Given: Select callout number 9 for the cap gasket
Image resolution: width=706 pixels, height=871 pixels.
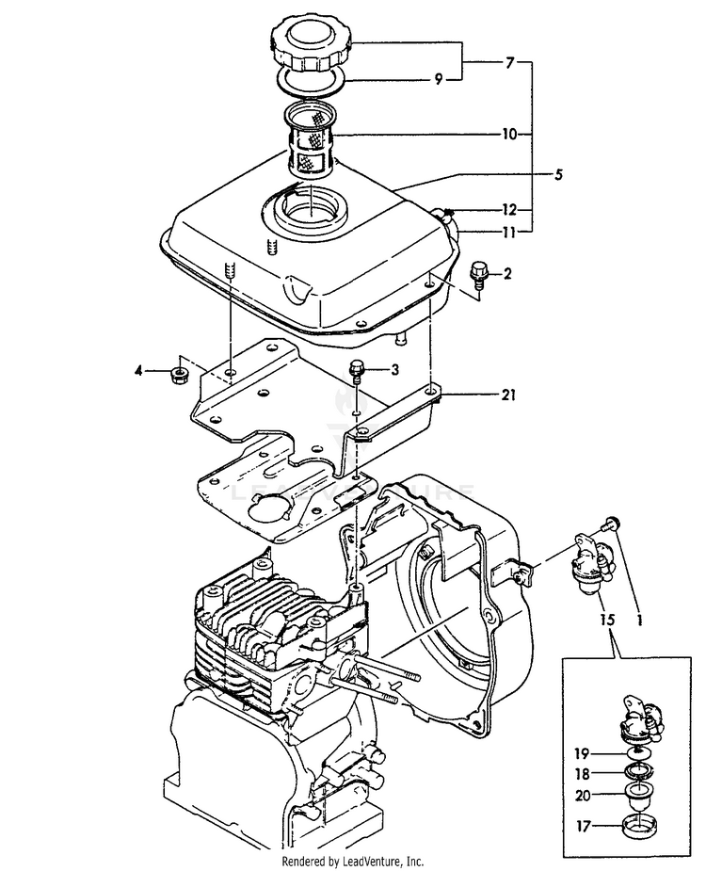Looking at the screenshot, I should click(x=438, y=80).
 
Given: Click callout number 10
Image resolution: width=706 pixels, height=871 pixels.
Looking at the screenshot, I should click(x=509, y=135).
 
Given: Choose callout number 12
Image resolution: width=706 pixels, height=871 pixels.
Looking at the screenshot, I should click(x=509, y=209).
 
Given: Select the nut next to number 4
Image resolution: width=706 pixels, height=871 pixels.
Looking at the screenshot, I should click(x=178, y=375).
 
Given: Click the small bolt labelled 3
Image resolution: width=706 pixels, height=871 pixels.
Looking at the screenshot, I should click(x=357, y=369).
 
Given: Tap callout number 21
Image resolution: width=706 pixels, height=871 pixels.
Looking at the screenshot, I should click(x=508, y=396).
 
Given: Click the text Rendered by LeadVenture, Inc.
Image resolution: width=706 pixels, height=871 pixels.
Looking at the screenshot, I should click(x=353, y=862).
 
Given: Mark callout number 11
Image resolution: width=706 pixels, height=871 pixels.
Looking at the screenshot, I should click(x=509, y=231).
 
